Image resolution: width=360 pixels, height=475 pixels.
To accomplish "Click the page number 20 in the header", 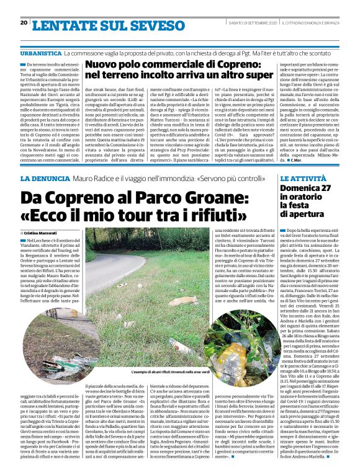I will [24, 22].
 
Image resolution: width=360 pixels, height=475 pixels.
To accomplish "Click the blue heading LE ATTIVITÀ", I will [302, 179].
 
